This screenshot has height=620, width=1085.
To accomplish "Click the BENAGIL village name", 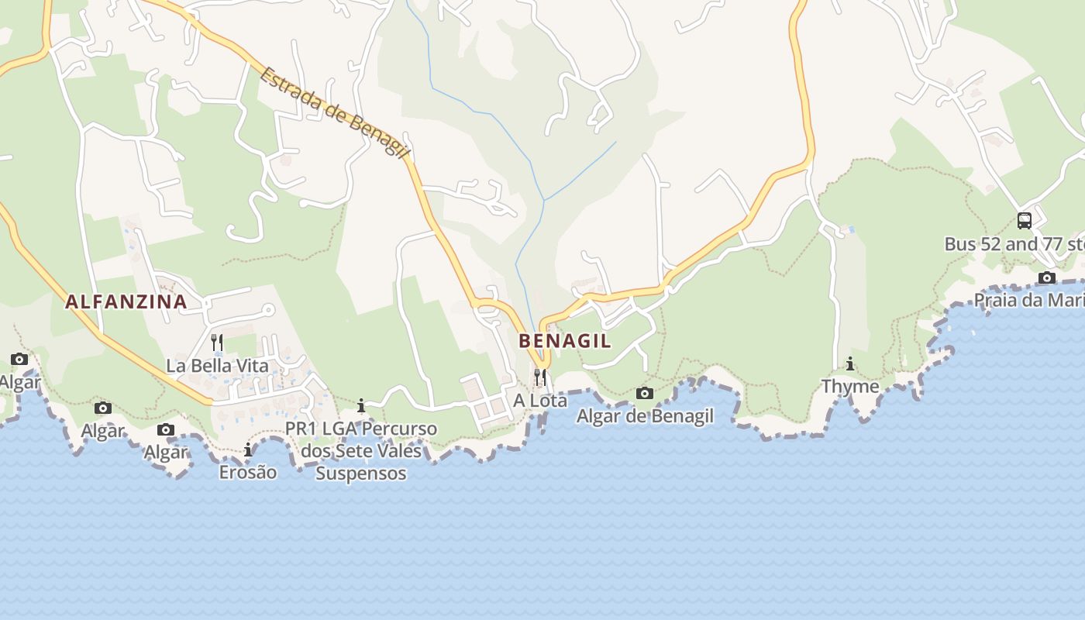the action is click(x=564, y=341).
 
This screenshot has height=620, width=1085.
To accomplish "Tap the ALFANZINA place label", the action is click(x=126, y=302).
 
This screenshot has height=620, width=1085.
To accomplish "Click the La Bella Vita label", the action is click(x=217, y=366).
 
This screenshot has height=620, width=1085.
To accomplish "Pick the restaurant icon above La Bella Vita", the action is click(x=217, y=341).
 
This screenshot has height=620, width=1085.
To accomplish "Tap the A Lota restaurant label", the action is click(x=540, y=401).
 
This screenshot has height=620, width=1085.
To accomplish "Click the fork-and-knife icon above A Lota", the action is click(x=540, y=377).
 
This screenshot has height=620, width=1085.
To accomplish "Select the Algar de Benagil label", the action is click(x=645, y=416).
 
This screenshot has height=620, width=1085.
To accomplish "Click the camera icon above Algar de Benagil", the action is click(x=645, y=394).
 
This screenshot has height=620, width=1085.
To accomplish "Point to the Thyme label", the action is click(x=850, y=386).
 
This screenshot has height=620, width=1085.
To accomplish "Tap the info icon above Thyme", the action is click(x=850, y=363).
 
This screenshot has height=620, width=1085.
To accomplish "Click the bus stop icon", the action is click(x=1025, y=221).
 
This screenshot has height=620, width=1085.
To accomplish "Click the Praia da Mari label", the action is click(x=1029, y=300).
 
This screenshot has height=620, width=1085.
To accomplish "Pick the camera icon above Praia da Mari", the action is click(x=1047, y=277).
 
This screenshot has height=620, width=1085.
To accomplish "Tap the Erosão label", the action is click(x=248, y=472).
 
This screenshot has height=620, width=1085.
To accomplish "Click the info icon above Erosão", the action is click(x=248, y=449).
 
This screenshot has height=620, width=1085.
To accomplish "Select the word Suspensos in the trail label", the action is click(x=361, y=473).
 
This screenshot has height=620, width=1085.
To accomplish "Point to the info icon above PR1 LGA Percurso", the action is click(x=361, y=405).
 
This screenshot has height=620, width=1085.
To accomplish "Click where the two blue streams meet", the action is click(x=544, y=200).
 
